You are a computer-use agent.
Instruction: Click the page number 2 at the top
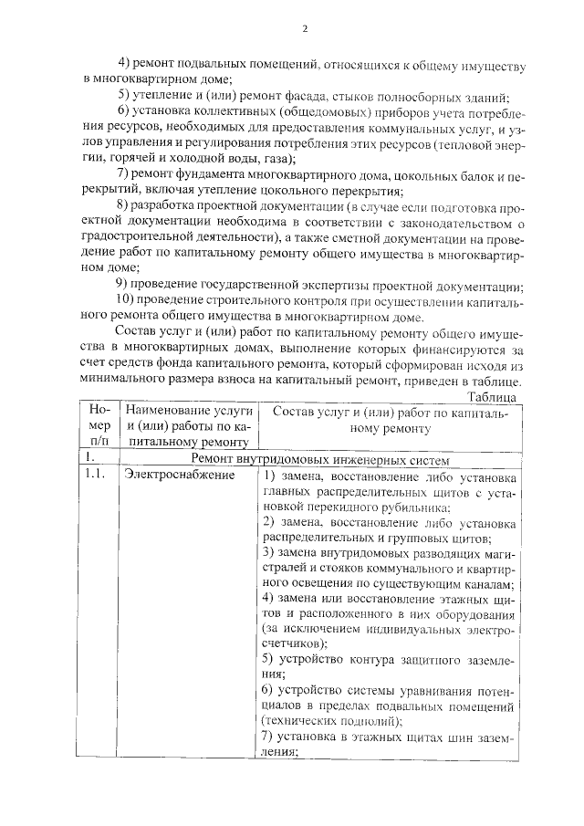(304, 28)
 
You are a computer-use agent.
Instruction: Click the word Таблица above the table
(493, 397)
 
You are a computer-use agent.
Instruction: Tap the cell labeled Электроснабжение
(173, 477)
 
